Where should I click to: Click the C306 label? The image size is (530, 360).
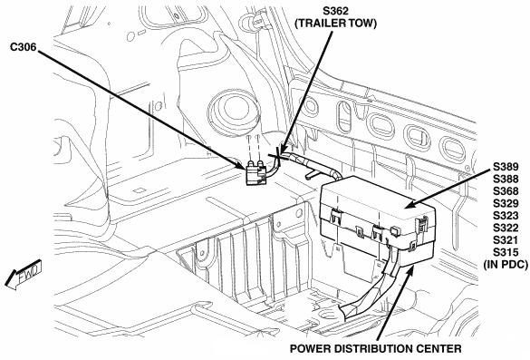click(23, 47)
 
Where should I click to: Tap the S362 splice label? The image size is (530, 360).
click(335, 11)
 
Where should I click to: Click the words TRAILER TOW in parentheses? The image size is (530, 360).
click(335, 24)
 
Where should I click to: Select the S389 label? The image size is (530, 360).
click(506, 167)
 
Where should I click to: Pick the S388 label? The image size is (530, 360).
click(506, 179)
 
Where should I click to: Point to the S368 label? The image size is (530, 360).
click(506, 191)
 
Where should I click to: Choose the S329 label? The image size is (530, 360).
click(506, 203)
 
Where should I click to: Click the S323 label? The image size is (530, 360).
click(506, 216)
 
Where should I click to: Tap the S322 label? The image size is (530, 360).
click(506, 228)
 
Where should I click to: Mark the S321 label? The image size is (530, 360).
click(506, 240)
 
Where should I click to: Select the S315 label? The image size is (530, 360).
click(506, 252)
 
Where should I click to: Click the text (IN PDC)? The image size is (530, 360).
click(506, 264)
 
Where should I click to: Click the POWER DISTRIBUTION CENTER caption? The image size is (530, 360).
click(375, 349)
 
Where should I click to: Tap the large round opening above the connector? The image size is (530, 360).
click(234, 112)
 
